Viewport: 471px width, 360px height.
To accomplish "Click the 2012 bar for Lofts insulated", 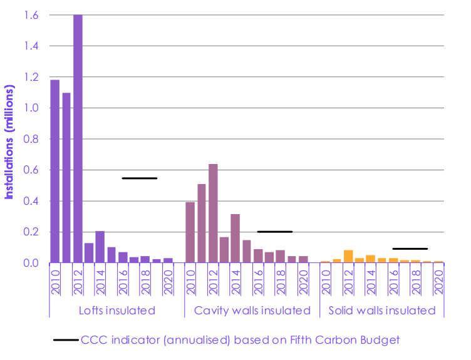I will (78, 138).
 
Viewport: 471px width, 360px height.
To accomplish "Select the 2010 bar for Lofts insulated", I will (55, 172).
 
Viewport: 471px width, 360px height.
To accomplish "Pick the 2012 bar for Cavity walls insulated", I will (213, 213).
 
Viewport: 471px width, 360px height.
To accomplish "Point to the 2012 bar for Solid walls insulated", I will (348, 257).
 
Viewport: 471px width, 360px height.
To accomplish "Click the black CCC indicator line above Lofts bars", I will (140, 178).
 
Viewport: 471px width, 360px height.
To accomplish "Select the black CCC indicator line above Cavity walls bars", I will (275, 232).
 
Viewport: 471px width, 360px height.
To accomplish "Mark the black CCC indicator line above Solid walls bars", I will (410, 249).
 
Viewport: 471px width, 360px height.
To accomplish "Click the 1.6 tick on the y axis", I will (31, 16).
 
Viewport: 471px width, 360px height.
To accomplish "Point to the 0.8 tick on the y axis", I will (31, 139).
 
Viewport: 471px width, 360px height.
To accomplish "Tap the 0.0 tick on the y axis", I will (31, 263).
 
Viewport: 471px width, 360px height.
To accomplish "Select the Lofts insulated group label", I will (116, 311).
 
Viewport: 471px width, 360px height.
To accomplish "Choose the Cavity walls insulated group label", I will (252, 311).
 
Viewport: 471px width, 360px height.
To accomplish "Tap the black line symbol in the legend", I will (66, 340).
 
